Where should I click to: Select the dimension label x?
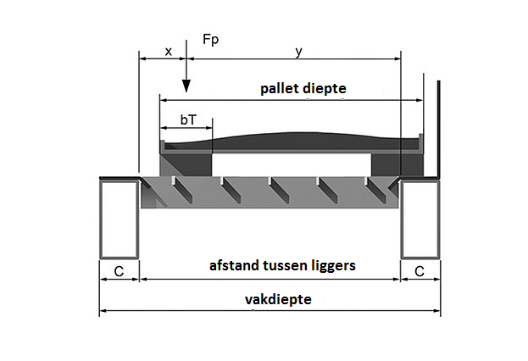click(x=168, y=51)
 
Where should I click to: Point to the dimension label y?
click(x=297, y=51)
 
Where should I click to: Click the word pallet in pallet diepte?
click(x=281, y=88)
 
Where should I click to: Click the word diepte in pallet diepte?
click(x=325, y=88)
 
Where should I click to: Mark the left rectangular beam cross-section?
click(x=119, y=219)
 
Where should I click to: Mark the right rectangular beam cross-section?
click(x=420, y=219)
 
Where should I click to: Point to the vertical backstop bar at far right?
click(x=437, y=127)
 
